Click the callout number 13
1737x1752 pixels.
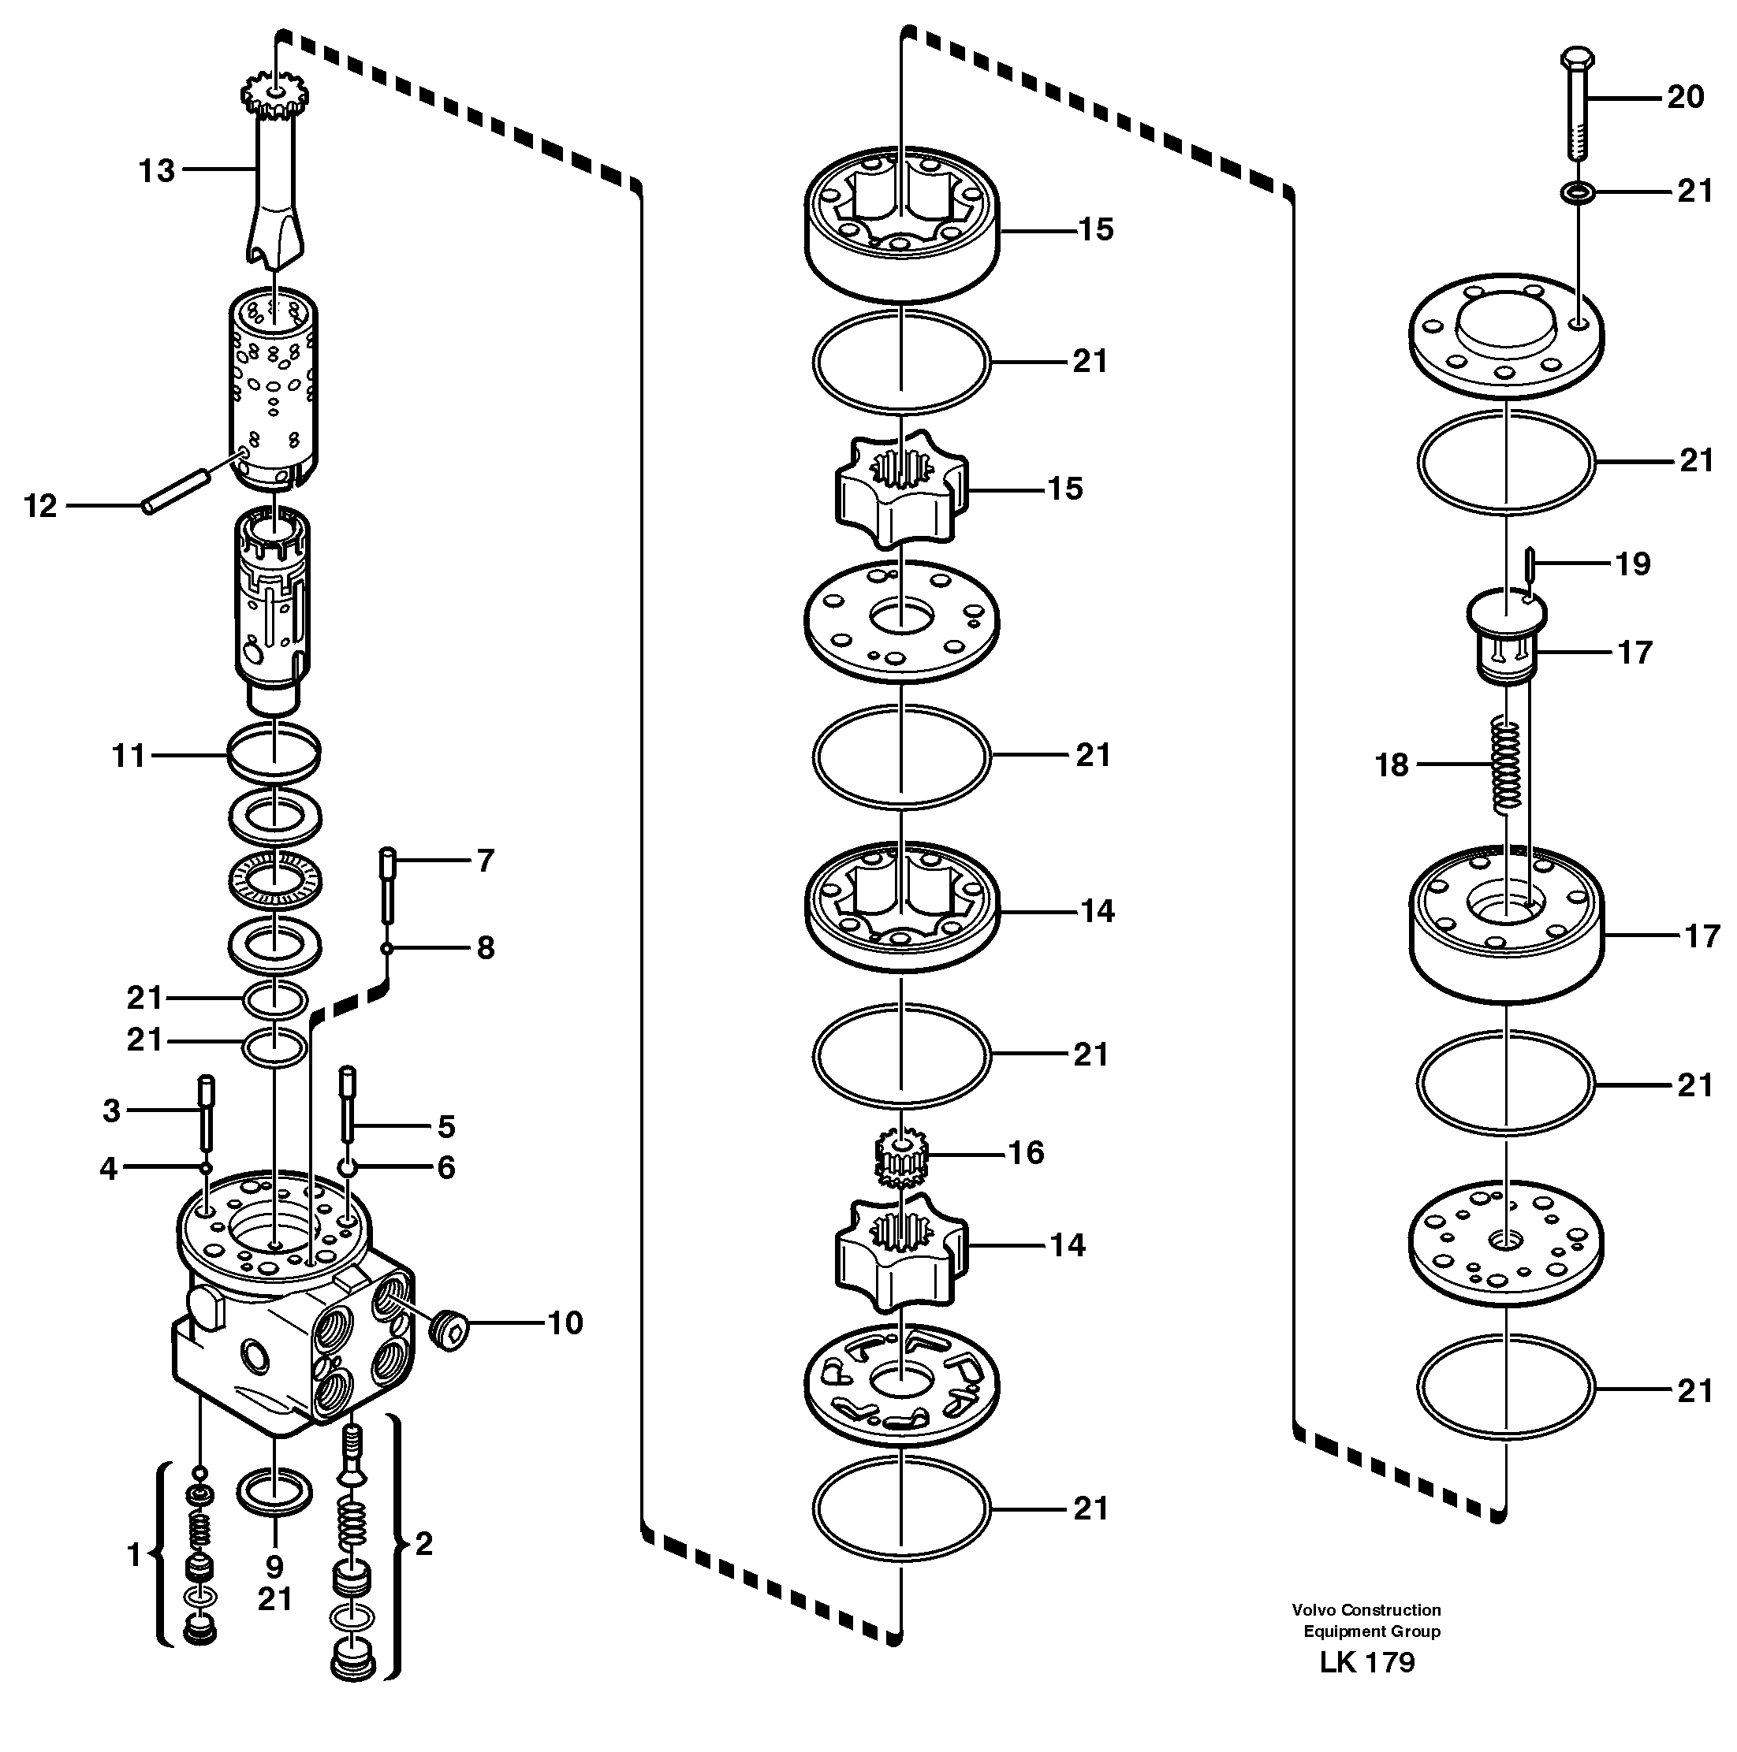pos(156,170)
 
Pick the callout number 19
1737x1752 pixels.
pos(1633,564)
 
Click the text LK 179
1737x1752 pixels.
pos(1367,1687)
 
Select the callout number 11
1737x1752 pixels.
pos(128,755)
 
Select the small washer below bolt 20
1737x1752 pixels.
pos(1579,192)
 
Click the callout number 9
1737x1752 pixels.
pos(274,1566)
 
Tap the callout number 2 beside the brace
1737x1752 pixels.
pos(423,1543)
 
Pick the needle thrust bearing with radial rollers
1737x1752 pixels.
pos(273,880)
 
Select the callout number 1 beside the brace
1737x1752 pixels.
pos(134,1554)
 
